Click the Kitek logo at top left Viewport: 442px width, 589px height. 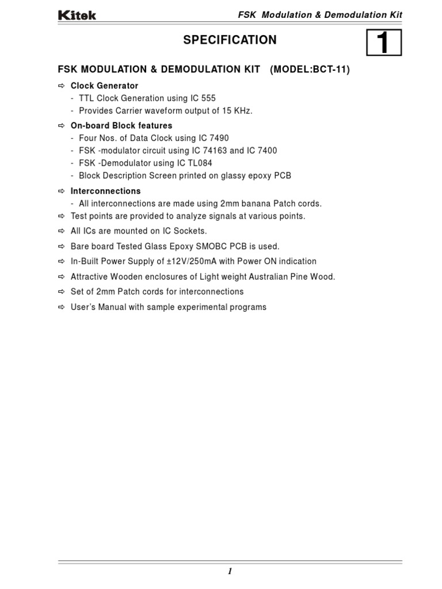77,16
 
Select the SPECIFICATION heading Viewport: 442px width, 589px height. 230,40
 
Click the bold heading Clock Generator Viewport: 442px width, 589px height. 104,86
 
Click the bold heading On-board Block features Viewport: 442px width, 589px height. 121,125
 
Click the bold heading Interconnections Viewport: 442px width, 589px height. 105,191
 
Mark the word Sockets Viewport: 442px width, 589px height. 191,231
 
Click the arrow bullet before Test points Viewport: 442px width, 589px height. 62,216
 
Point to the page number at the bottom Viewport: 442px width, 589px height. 230,571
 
